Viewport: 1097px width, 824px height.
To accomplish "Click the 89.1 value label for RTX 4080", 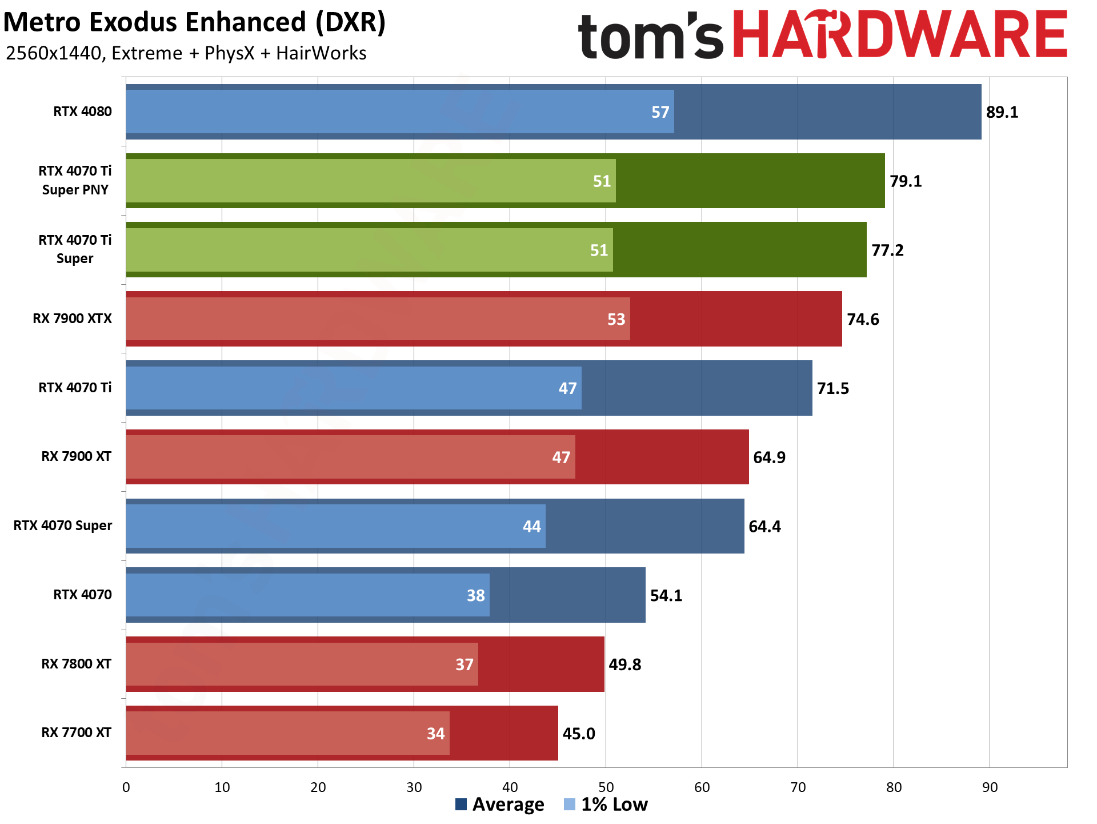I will [x=1002, y=112].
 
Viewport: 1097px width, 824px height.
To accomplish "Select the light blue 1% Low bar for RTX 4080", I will [x=400, y=112].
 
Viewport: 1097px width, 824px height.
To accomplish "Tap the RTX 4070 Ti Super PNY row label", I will [x=75, y=180].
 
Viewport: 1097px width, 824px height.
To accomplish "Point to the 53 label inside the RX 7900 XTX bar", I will [x=616, y=319].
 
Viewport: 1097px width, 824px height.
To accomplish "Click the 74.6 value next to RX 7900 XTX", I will [x=863, y=319].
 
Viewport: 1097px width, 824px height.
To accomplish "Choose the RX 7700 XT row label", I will [x=76, y=733].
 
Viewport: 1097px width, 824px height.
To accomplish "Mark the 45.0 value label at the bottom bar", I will [x=579, y=734].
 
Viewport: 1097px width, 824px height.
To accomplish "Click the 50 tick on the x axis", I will [x=606, y=787].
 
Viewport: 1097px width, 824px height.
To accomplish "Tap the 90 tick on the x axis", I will [x=990, y=787].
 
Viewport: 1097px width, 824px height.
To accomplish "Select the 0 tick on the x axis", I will [x=126, y=787].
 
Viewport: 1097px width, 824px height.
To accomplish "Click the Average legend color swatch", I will [x=461, y=805].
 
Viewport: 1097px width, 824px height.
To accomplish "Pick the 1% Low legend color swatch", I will [x=569, y=805].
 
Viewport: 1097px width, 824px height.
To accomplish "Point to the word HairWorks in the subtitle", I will [x=321, y=53].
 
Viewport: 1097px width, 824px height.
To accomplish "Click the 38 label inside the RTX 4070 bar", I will [x=475, y=595].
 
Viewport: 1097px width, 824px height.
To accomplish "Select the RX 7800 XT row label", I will [x=76, y=664].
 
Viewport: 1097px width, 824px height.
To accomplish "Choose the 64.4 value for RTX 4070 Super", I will [x=764, y=526].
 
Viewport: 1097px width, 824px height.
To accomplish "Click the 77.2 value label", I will [x=887, y=250].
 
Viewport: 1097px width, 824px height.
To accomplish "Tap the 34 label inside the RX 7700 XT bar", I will [x=435, y=734].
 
